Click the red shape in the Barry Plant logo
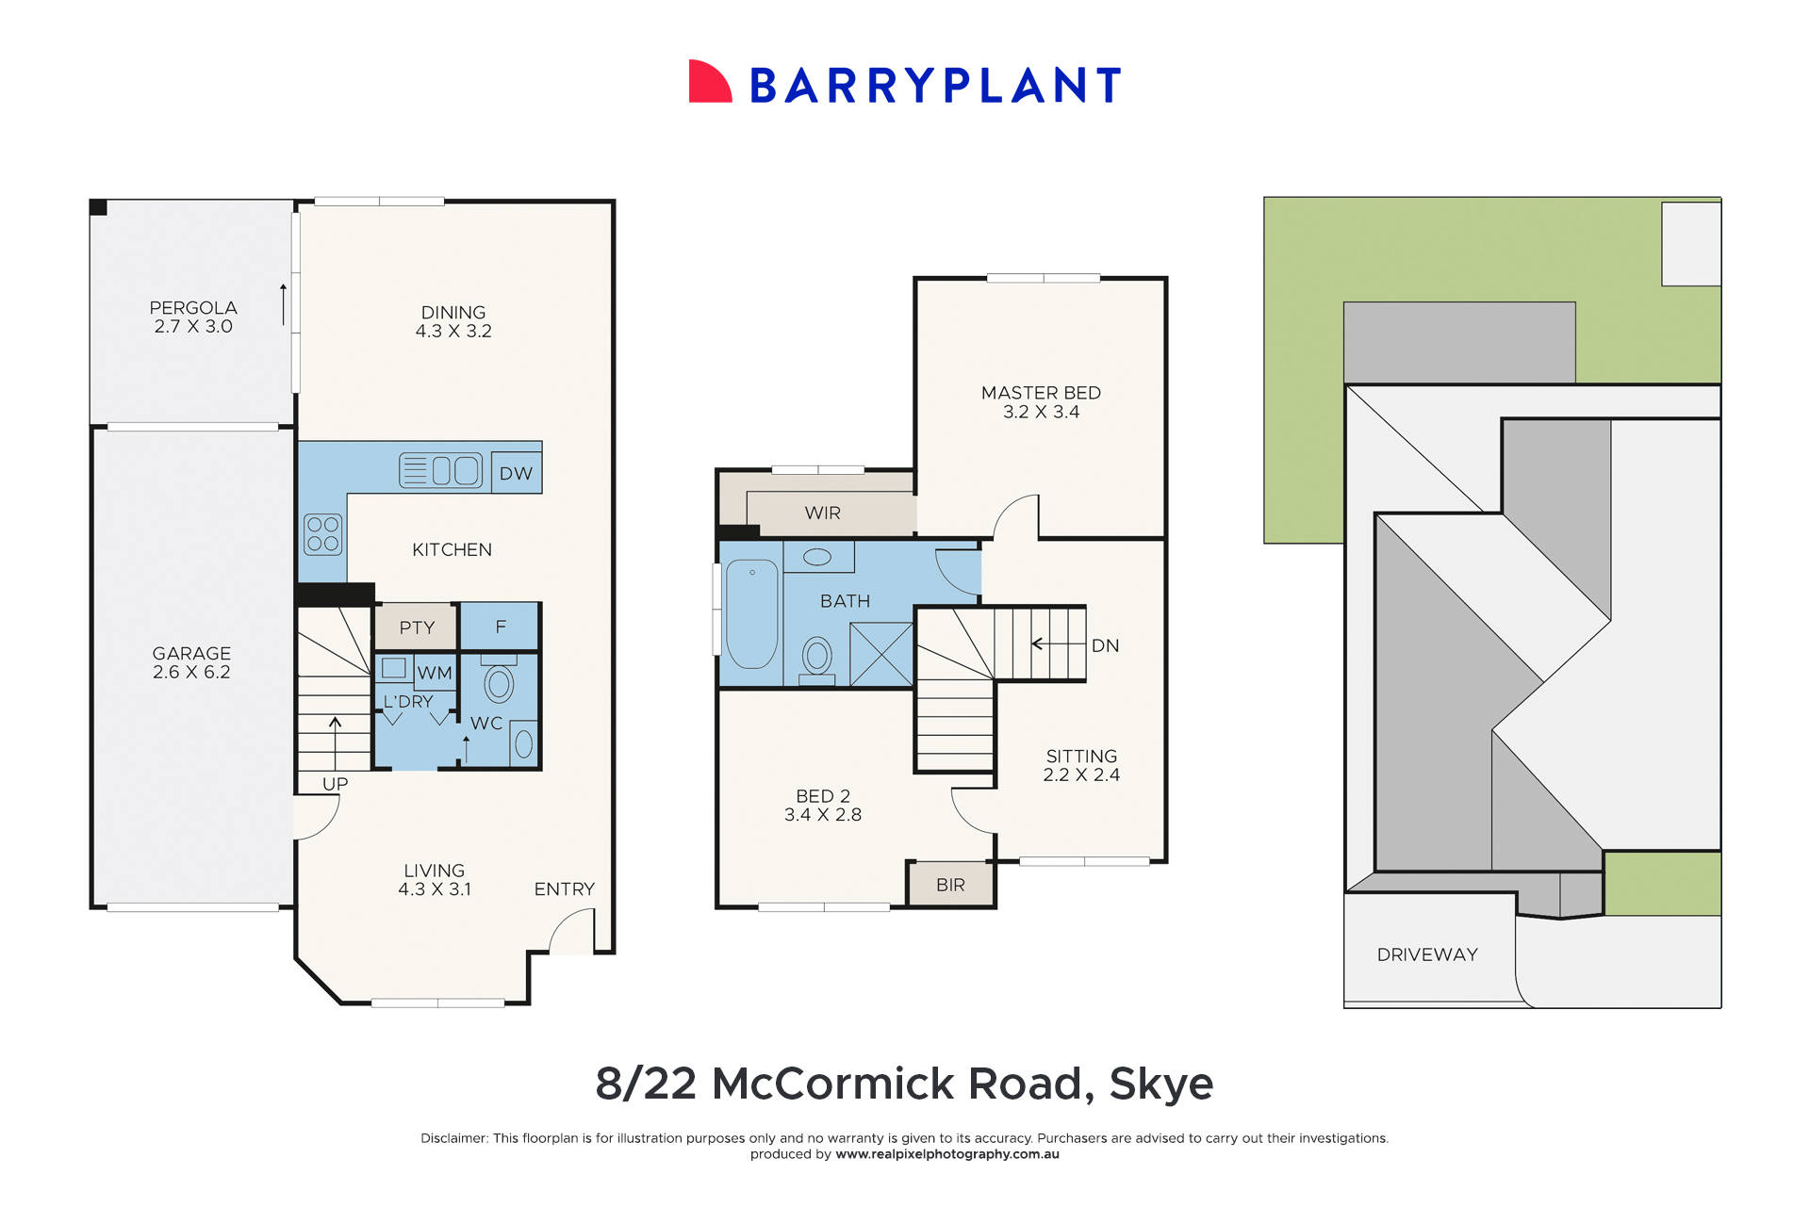(709, 83)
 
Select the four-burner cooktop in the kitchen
(322, 534)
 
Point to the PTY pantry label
(417, 627)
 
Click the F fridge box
(501, 627)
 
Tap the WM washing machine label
(435, 673)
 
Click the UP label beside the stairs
(335, 784)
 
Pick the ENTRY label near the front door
(564, 888)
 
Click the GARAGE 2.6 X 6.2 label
(191, 662)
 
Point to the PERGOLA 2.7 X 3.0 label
(193, 317)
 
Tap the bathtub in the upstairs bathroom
(751, 613)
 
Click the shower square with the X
(881, 654)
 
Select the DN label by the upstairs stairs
(1105, 645)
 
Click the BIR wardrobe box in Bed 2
(950, 885)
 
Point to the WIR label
(822, 513)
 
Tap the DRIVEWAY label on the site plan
(1426, 954)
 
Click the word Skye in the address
(1160, 1084)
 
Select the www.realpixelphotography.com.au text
(946, 1154)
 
